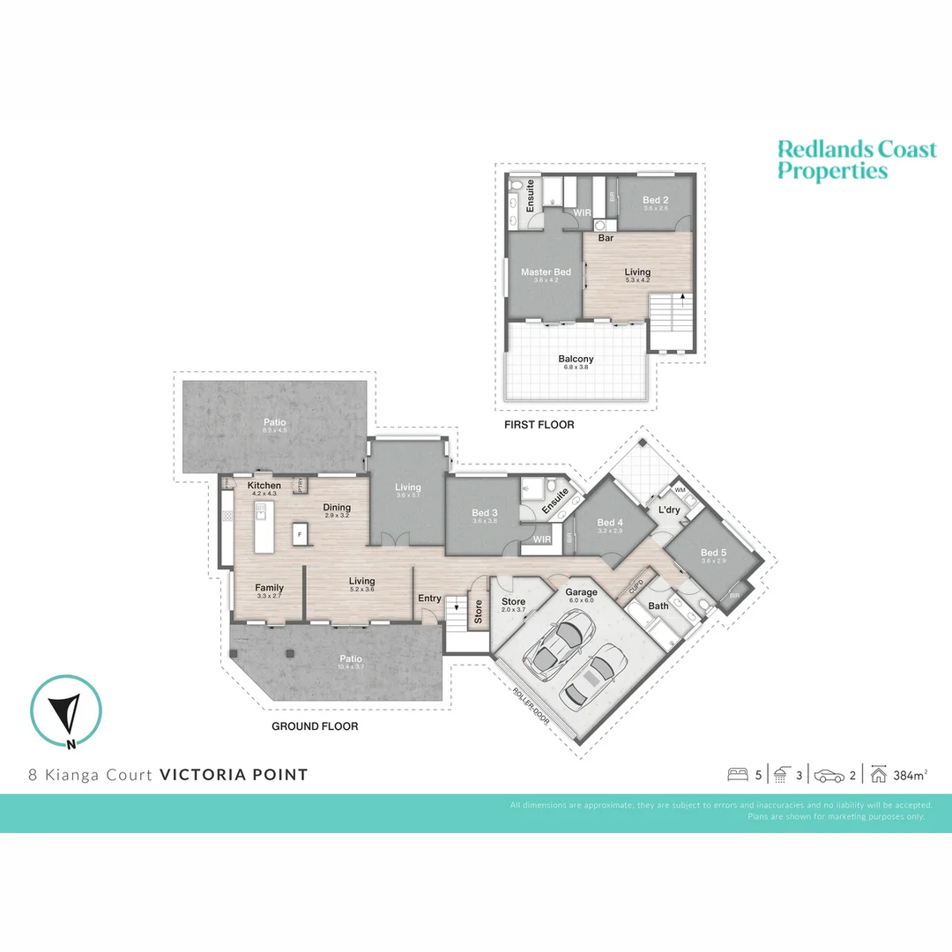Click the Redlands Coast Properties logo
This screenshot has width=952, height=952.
coord(856,160)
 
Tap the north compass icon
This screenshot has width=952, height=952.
coord(66,710)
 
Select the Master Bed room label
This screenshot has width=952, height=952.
coord(546,272)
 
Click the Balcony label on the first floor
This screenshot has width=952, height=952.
coord(576,359)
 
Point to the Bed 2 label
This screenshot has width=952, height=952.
coord(656,201)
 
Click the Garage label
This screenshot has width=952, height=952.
coord(582,592)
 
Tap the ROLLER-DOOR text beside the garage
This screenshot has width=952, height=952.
coord(532,706)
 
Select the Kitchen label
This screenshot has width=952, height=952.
coord(264,486)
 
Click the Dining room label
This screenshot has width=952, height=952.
coord(337,508)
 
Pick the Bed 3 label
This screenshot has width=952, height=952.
coord(486,513)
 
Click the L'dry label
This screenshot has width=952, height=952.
coord(667,510)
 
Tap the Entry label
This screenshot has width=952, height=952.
coord(429,599)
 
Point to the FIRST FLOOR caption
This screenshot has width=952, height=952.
coord(539,425)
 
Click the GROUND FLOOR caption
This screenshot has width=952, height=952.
coord(315,726)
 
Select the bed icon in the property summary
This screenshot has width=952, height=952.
coord(737,776)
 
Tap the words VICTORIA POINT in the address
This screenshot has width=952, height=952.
coord(234,775)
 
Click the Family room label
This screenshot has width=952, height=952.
coord(269,588)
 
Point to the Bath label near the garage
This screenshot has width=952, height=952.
coord(658,606)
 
